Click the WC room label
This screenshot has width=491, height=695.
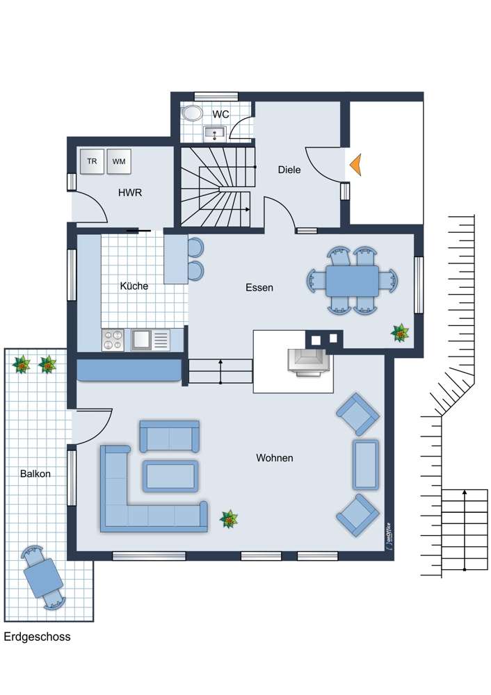point(220,115)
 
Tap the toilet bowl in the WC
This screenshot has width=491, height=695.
point(192,113)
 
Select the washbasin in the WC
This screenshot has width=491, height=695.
point(215,133)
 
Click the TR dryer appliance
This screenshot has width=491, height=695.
point(92,161)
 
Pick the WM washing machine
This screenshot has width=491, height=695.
point(118,161)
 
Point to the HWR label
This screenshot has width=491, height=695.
point(130,193)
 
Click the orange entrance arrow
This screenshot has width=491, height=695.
point(355,165)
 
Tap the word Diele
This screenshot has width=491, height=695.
point(289,170)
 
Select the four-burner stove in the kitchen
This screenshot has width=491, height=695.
point(113,340)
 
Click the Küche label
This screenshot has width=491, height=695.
point(134,286)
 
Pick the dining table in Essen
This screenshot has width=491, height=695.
point(352,281)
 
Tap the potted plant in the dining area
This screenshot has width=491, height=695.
point(400,333)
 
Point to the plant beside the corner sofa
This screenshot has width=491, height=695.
point(229,518)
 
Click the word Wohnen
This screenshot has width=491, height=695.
point(275,458)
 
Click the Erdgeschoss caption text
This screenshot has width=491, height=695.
point(38,637)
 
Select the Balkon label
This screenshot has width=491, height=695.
point(35,474)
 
